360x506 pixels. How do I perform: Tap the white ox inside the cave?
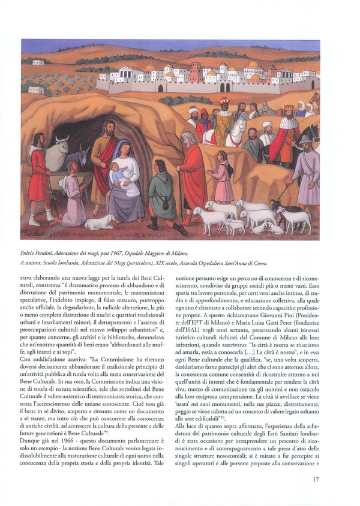58,155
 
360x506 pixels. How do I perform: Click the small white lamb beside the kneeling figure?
99,222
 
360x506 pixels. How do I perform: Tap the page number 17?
316,479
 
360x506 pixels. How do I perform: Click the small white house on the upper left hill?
38,62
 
